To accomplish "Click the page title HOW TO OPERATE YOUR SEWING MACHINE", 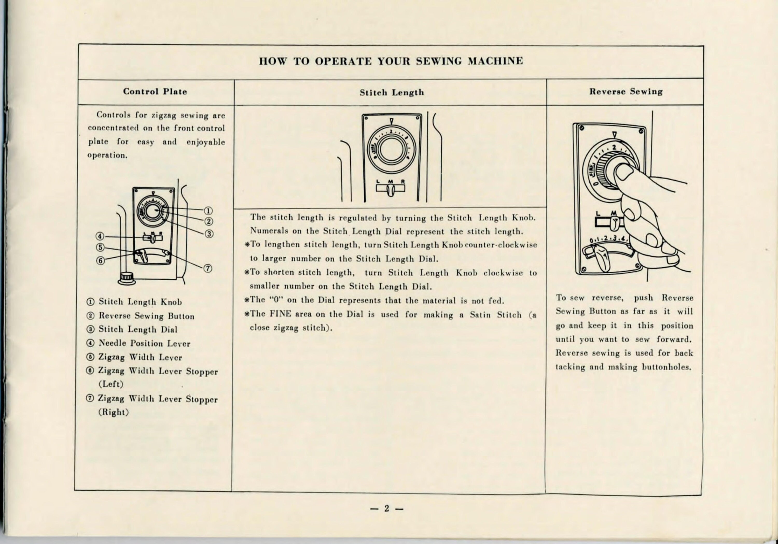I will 391,61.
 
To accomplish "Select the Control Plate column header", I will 155,91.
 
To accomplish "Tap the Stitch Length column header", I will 392,93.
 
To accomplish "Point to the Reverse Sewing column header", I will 626,91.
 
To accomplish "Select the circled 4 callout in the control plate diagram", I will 99,236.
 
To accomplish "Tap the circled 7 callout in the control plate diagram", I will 208,269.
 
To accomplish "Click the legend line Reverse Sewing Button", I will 146,316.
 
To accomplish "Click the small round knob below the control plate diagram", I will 126,278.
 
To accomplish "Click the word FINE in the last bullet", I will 280,314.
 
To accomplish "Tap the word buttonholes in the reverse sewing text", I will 666,367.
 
